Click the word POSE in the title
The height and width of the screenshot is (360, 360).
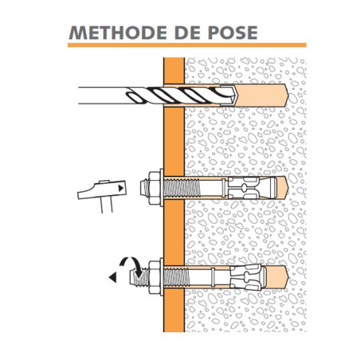(233, 33)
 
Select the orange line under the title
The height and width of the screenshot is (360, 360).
(187, 45)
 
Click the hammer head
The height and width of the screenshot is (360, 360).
(102, 190)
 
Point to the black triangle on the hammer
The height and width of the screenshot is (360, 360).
(121, 188)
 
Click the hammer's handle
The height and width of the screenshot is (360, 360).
(107, 205)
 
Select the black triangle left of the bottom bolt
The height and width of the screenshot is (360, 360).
(113, 277)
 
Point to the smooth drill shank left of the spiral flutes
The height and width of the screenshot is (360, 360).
(103, 96)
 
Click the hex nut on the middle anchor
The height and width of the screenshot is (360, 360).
(154, 188)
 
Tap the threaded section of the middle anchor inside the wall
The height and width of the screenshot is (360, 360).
(182, 188)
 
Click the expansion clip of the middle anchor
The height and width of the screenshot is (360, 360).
(243, 188)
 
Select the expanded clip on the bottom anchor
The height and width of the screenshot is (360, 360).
(246, 277)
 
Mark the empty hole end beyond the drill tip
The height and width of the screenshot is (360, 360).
(262, 96)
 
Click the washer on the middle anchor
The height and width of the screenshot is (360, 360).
(162, 188)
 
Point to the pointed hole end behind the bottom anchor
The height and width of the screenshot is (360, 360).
(278, 277)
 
